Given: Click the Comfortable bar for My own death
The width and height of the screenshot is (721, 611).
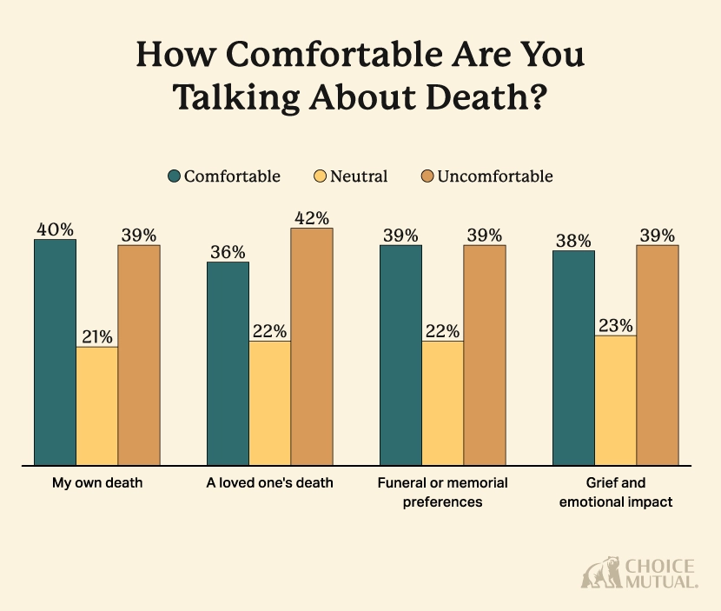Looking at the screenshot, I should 55,352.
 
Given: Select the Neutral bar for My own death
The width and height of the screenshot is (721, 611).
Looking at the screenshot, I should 97,406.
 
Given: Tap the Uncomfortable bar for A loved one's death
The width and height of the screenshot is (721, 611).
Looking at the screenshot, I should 312,346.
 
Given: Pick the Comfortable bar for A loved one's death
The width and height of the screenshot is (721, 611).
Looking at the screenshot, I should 228,363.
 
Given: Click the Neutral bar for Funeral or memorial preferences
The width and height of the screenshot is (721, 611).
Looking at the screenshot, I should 442,402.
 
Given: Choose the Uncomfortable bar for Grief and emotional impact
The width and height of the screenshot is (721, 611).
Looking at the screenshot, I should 658,355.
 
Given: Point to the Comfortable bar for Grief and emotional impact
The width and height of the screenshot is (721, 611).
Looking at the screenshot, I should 573,357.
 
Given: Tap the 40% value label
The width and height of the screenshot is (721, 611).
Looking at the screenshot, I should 54,229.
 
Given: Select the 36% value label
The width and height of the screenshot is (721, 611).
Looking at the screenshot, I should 227,252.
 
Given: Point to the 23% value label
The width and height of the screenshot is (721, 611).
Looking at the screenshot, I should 615,325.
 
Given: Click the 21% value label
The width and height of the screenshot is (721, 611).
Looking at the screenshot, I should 97,337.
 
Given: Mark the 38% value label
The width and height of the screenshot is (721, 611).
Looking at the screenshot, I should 573,241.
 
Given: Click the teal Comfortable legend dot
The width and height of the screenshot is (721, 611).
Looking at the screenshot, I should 174,176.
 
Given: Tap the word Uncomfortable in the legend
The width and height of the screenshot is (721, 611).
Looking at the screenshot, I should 494,176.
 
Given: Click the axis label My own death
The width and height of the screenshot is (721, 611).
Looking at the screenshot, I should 96,483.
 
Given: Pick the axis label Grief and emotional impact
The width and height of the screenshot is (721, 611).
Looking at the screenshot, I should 615,492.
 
